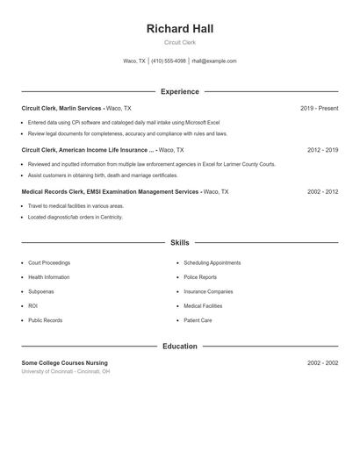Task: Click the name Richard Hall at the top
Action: coord(179,29)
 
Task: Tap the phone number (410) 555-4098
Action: coord(168,61)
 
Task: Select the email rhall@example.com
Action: coord(214,61)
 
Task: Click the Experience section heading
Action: coord(179,91)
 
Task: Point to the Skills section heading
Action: coord(179,242)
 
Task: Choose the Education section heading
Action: coord(179,347)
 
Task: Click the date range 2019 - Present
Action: coord(319,108)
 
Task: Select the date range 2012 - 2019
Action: coord(322,150)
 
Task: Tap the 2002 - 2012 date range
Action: coord(322,191)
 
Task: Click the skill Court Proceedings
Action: coord(49,263)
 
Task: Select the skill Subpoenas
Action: coord(40,291)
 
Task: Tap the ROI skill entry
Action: coord(32,306)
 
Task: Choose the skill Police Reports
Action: coord(200,277)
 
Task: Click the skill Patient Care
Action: coord(198,320)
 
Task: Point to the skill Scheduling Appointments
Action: coord(212,263)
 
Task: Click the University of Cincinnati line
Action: coord(66,371)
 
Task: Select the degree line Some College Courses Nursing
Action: coord(64,362)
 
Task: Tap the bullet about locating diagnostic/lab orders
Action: coord(76,217)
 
